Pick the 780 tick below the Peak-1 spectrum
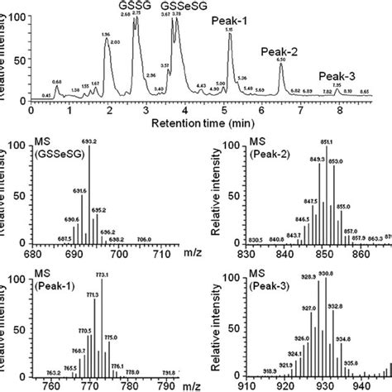[130, 385]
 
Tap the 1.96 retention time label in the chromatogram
[104, 34]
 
